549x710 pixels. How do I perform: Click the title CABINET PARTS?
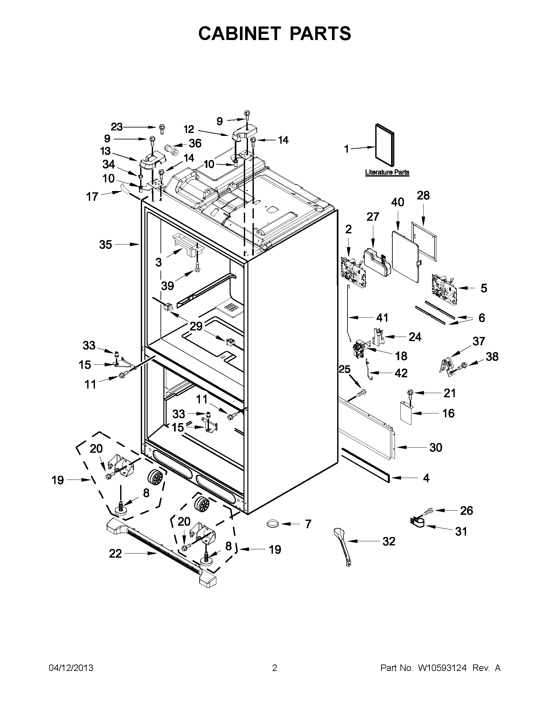(274, 34)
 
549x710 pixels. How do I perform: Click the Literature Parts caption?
(387, 172)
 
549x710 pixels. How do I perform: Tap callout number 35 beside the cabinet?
(105, 245)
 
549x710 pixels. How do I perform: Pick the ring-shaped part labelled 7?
(273, 523)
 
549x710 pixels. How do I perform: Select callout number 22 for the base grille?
(115, 553)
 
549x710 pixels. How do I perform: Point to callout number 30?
(436, 448)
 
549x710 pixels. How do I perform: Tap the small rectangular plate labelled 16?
(406, 413)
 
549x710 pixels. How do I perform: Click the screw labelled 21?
(409, 393)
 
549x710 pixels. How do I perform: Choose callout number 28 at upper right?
(423, 195)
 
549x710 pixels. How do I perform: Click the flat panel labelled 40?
(405, 256)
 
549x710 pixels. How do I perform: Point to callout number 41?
(382, 318)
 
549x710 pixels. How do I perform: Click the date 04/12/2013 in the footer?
(71, 668)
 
